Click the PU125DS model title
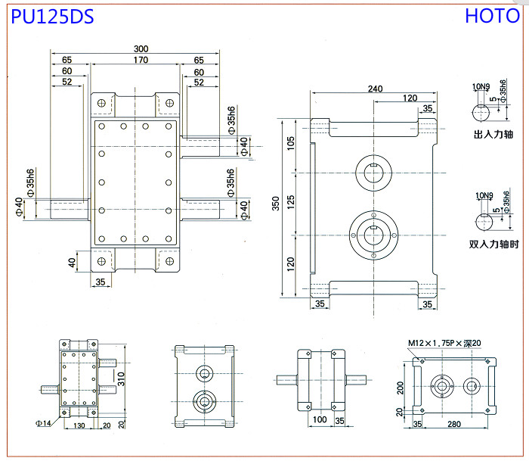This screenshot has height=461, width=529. point(52,17)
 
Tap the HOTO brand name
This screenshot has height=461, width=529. point(492,16)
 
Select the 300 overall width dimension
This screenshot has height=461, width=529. point(141,48)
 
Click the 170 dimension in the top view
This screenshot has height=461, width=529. point(141,60)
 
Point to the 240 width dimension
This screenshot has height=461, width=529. point(375,89)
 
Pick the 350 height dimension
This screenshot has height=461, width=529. point(276,204)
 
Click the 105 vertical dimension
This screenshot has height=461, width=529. point(290,143)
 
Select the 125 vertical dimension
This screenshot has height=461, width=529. point(290,202)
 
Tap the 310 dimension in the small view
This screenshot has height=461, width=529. point(121,379)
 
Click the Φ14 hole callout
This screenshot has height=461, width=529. point(43,423)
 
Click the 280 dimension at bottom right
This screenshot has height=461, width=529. point(454,424)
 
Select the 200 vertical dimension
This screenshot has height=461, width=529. point(400,388)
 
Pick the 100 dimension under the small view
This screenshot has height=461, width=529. point(320,419)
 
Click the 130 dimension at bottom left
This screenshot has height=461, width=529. point(79,425)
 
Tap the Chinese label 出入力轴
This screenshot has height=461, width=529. point(493,134)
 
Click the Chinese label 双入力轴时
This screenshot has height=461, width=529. point(493,244)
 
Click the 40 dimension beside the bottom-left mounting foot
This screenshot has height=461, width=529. point(72,263)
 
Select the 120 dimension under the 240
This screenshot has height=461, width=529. point(410,98)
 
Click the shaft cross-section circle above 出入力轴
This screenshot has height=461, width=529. point(481,113)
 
